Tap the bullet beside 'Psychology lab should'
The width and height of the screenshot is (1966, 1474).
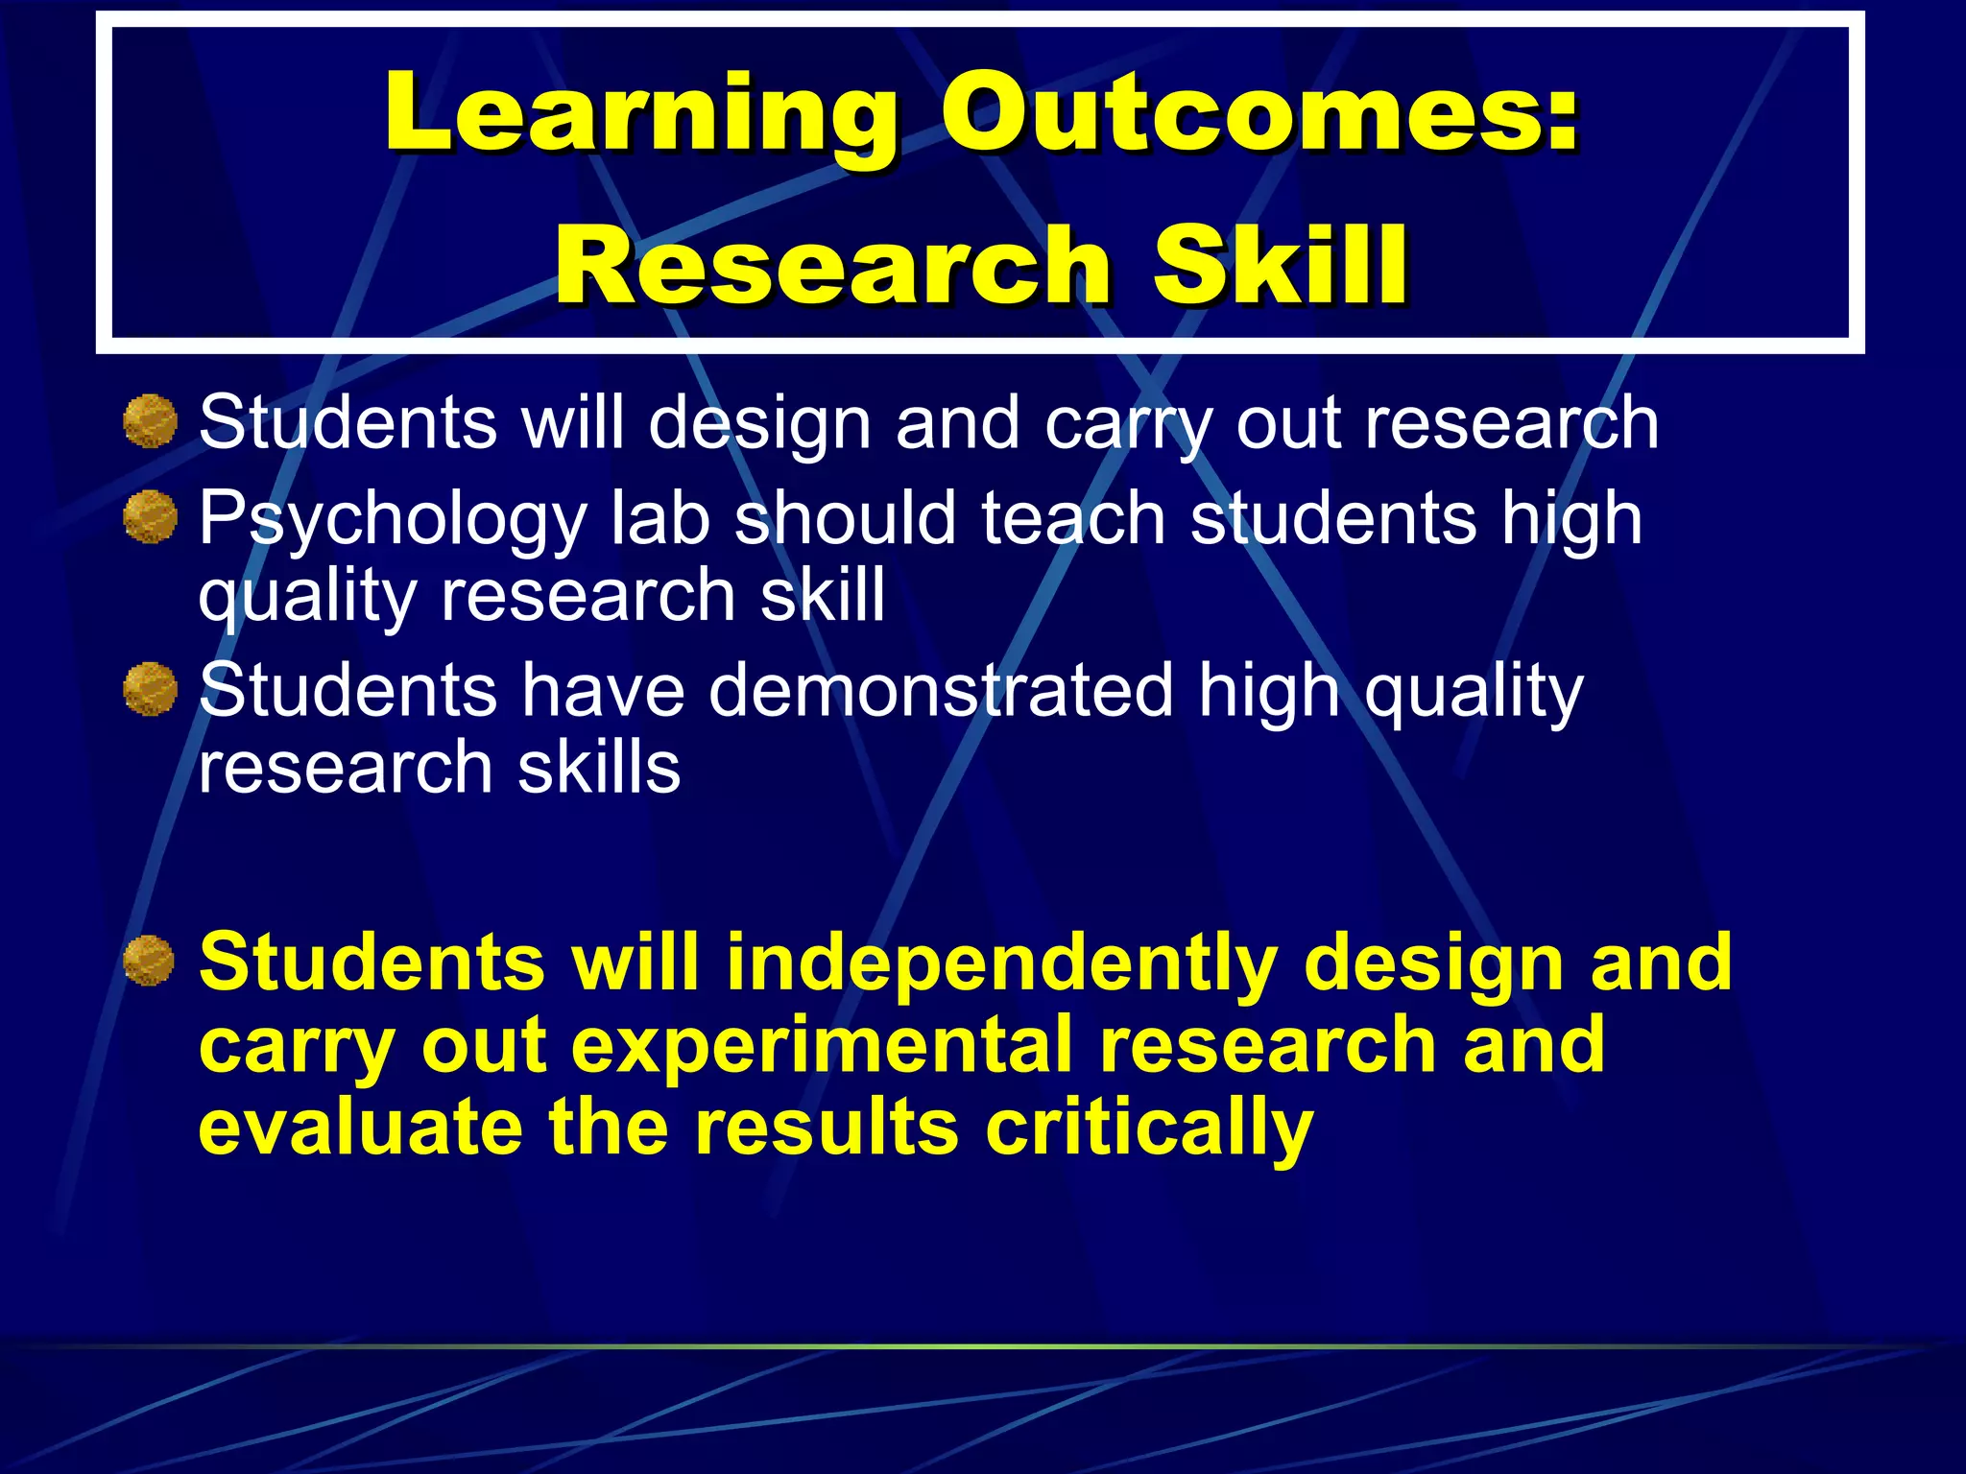tap(151, 516)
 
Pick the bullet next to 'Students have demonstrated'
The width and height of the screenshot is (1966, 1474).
tap(151, 688)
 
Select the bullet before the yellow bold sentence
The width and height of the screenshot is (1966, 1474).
tap(150, 960)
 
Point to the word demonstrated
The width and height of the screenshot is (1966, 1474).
tap(941, 690)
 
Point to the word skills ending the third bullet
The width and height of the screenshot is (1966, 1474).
tap(599, 767)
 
